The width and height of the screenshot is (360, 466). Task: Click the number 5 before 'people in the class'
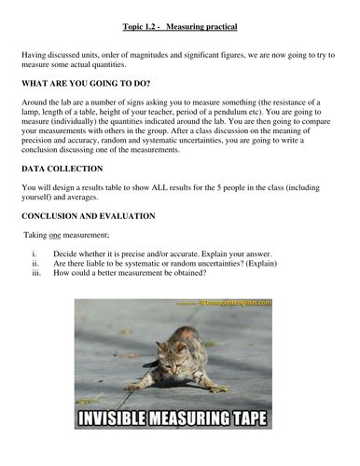coord(255,186)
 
